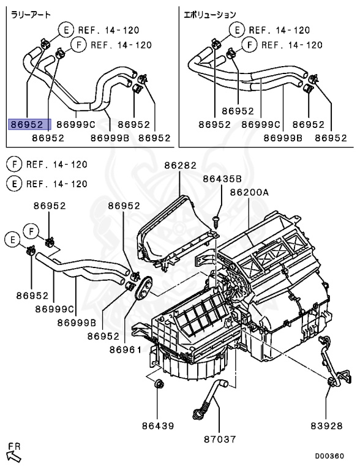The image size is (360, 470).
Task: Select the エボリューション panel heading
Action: [211, 13]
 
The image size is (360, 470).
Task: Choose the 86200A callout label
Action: [249, 192]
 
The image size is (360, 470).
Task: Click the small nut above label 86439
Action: [158, 384]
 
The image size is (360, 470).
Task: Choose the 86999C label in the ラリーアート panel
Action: [76, 124]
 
